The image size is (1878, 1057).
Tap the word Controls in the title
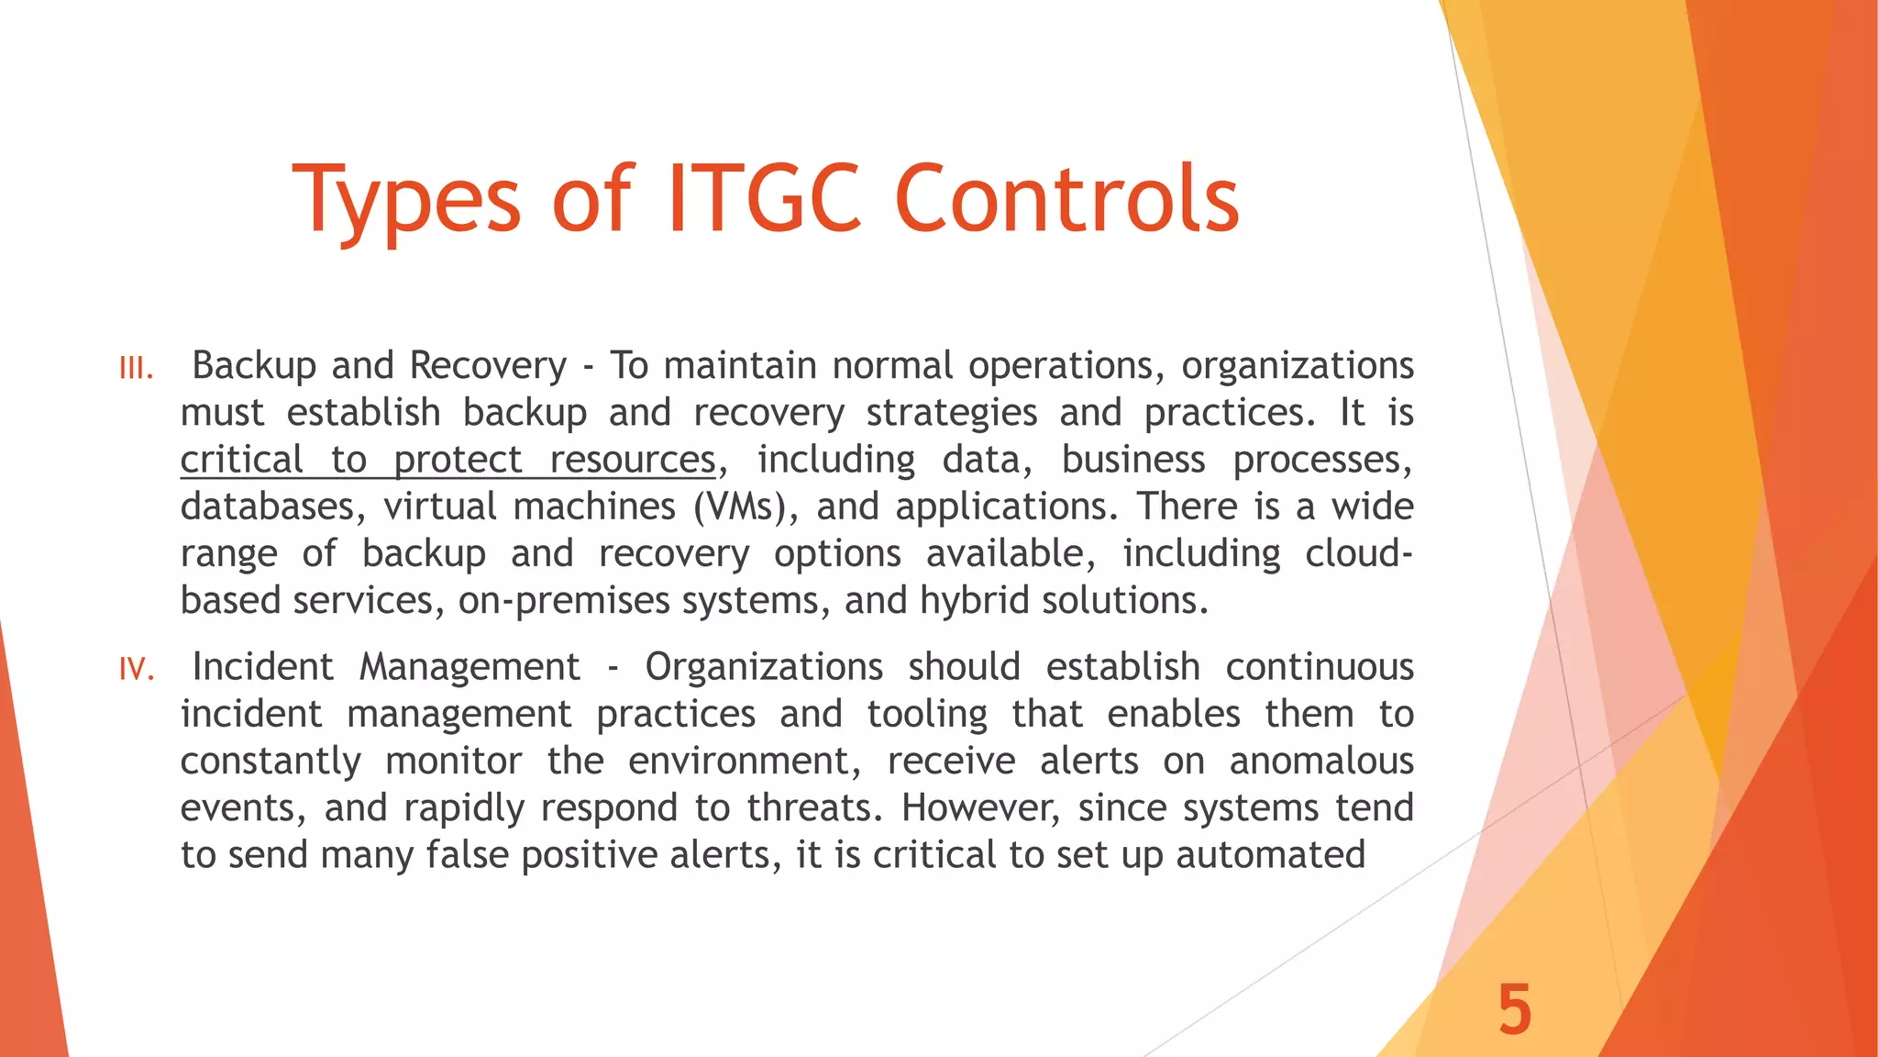coord(1066,199)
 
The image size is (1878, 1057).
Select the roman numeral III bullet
coord(136,369)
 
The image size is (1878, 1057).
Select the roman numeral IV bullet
coord(136,670)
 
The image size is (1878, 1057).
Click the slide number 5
coord(1515,1009)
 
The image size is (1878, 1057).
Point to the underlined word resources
coord(632,460)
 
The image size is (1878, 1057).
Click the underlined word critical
coord(241,460)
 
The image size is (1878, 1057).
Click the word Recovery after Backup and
coord(488,366)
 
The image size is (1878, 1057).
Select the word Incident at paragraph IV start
coord(262,667)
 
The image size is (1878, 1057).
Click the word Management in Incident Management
coord(469,667)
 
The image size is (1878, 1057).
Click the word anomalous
coord(1321,762)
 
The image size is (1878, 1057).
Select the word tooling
coord(927,714)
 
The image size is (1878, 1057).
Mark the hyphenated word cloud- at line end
coord(1359,553)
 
